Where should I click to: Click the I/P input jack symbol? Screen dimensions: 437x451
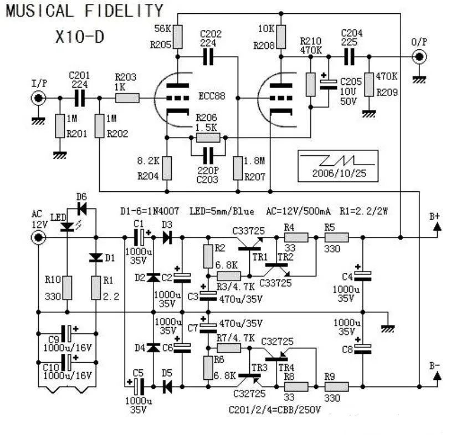pos(38,99)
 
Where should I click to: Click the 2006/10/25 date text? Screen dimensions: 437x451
pos(338,173)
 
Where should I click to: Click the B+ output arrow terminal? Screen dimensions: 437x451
pos(437,226)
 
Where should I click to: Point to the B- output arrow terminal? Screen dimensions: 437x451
pos(437,377)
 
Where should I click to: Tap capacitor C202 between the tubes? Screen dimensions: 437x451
pos(209,56)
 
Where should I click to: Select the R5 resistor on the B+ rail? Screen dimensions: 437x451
pos(336,238)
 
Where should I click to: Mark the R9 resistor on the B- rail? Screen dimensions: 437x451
pos(336,386)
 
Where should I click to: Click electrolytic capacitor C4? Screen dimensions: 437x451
pos(362,276)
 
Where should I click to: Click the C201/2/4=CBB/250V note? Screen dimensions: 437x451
pos(275,410)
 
